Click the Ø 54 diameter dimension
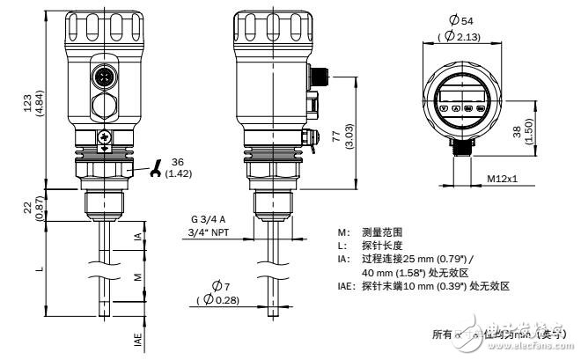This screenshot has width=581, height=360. tap(477, 19)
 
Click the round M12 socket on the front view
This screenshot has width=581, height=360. tap(105, 78)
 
